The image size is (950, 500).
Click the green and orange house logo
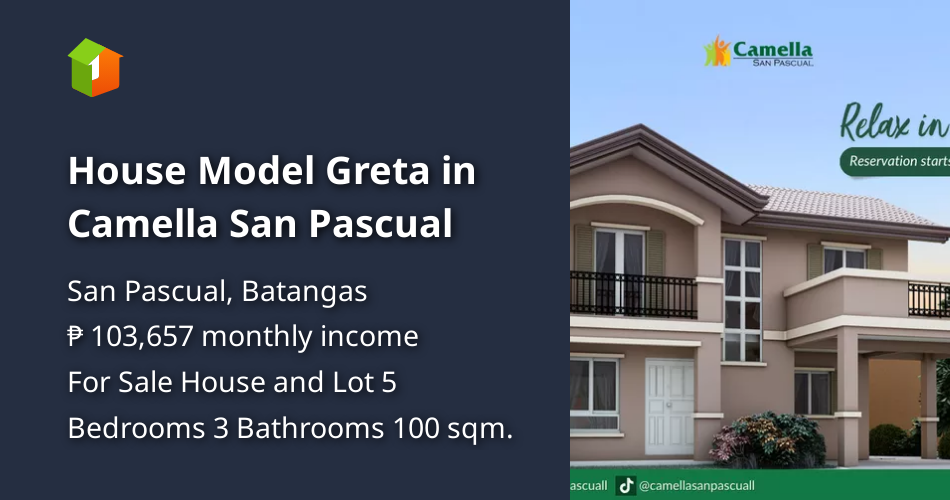click(95, 67)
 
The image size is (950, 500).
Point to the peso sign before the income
click(76, 337)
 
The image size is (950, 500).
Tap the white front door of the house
click(669, 406)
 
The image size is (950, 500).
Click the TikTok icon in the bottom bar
click(626, 485)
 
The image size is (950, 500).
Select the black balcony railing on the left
click(633, 294)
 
